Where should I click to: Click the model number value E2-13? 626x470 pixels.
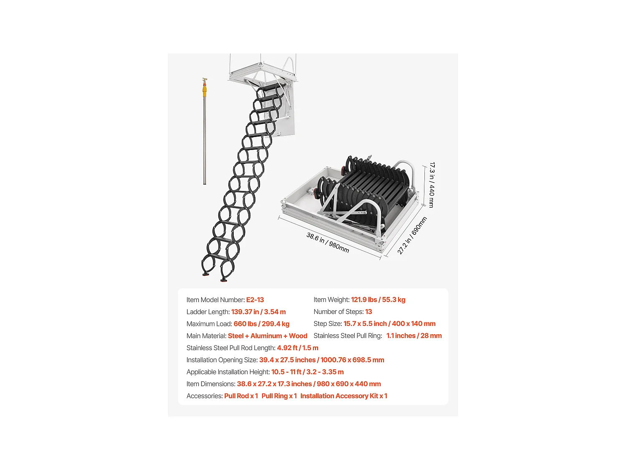pyautogui.click(x=255, y=300)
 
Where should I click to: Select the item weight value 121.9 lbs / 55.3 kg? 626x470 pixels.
pyautogui.click(x=378, y=300)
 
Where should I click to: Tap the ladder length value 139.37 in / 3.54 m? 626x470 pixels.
pyautogui.click(x=258, y=312)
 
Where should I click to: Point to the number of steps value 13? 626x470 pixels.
pyautogui.click(x=369, y=312)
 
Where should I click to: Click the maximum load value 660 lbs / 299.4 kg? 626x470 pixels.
pyautogui.click(x=261, y=324)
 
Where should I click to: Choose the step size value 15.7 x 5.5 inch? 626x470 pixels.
pyautogui.click(x=365, y=324)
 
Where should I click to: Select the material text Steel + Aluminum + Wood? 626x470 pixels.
pyautogui.click(x=268, y=336)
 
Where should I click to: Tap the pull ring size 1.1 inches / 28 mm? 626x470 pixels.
pyautogui.click(x=414, y=336)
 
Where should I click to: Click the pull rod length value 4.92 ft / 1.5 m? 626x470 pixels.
pyautogui.click(x=298, y=348)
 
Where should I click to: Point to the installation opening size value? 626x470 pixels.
pyautogui.click(x=321, y=360)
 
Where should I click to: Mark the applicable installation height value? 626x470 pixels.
pyautogui.click(x=308, y=372)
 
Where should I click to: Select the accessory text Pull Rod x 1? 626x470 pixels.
pyautogui.click(x=241, y=396)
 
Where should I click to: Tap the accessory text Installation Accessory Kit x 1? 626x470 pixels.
pyautogui.click(x=344, y=396)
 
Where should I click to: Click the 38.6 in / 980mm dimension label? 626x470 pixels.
pyautogui.click(x=328, y=242)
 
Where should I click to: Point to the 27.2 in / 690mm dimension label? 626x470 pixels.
pyautogui.click(x=412, y=236)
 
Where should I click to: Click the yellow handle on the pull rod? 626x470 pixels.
pyautogui.click(x=205, y=90)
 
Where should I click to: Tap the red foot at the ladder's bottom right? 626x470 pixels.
pyautogui.click(x=224, y=279)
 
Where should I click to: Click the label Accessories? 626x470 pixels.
pyautogui.click(x=204, y=396)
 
